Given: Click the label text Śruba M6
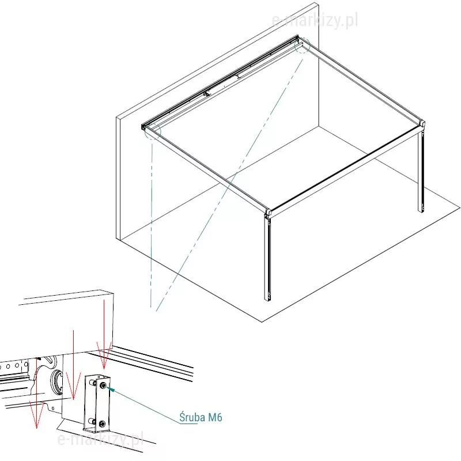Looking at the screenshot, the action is pyautogui.click(x=201, y=417).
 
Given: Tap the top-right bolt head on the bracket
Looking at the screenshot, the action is pyautogui.click(x=103, y=386).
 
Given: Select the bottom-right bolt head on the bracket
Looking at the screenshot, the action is pyautogui.click(x=102, y=424).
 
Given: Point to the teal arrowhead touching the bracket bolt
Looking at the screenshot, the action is pyautogui.click(x=111, y=390).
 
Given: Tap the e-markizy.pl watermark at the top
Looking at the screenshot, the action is pyautogui.click(x=315, y=21).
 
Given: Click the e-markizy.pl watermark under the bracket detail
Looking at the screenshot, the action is pyautogui.click(x=100, y=439).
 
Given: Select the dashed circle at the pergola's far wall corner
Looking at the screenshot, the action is pyautogui.click(x=302, y=46).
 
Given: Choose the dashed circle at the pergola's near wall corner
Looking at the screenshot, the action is pyautogui.click(x=153, y=131).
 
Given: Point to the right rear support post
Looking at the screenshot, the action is pyautogui.click(x=421, y=169).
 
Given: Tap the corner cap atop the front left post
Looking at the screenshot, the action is pyautogui.click(x=268, y=213).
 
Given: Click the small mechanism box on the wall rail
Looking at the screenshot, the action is pyautogui.click(x=208, y=94).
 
